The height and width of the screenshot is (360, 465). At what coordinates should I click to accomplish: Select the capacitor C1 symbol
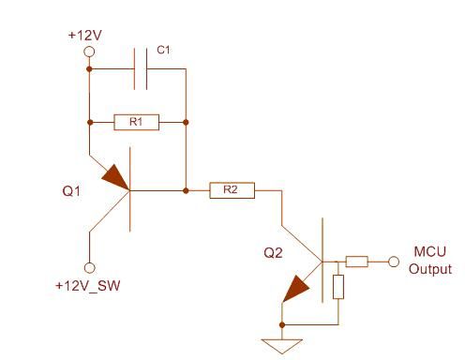(142, 69)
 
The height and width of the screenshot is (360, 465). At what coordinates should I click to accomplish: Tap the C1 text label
(161, 51)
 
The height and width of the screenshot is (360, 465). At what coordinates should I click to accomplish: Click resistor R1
(136, 122)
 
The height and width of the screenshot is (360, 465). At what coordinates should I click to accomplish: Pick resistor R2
(232, 190)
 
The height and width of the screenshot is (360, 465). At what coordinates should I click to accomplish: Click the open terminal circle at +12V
(90, 52)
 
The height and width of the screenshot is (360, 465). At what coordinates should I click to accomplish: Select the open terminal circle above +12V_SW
(90, 266)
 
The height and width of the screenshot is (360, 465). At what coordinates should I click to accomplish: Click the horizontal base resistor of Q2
(358, 262)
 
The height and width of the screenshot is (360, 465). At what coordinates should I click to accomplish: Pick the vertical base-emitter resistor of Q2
(338, 287)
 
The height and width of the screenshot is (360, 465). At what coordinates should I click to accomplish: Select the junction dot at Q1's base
(187, 190)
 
